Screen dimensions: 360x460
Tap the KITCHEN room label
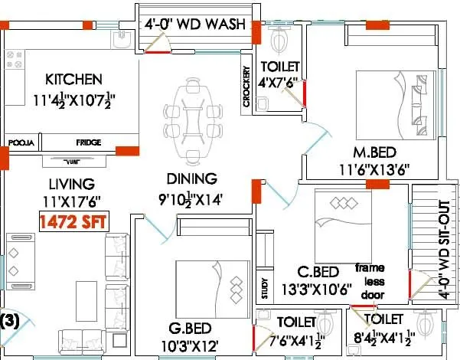click(x=73, y=80)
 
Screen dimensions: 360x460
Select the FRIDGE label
click(x=89, y=142)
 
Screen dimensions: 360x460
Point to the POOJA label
click(x=20, y=142)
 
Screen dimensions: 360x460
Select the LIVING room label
click(x=70, y=184)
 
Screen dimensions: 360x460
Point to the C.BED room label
click(x=318, y=273)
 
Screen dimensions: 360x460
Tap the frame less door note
click(x=372, y=280)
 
